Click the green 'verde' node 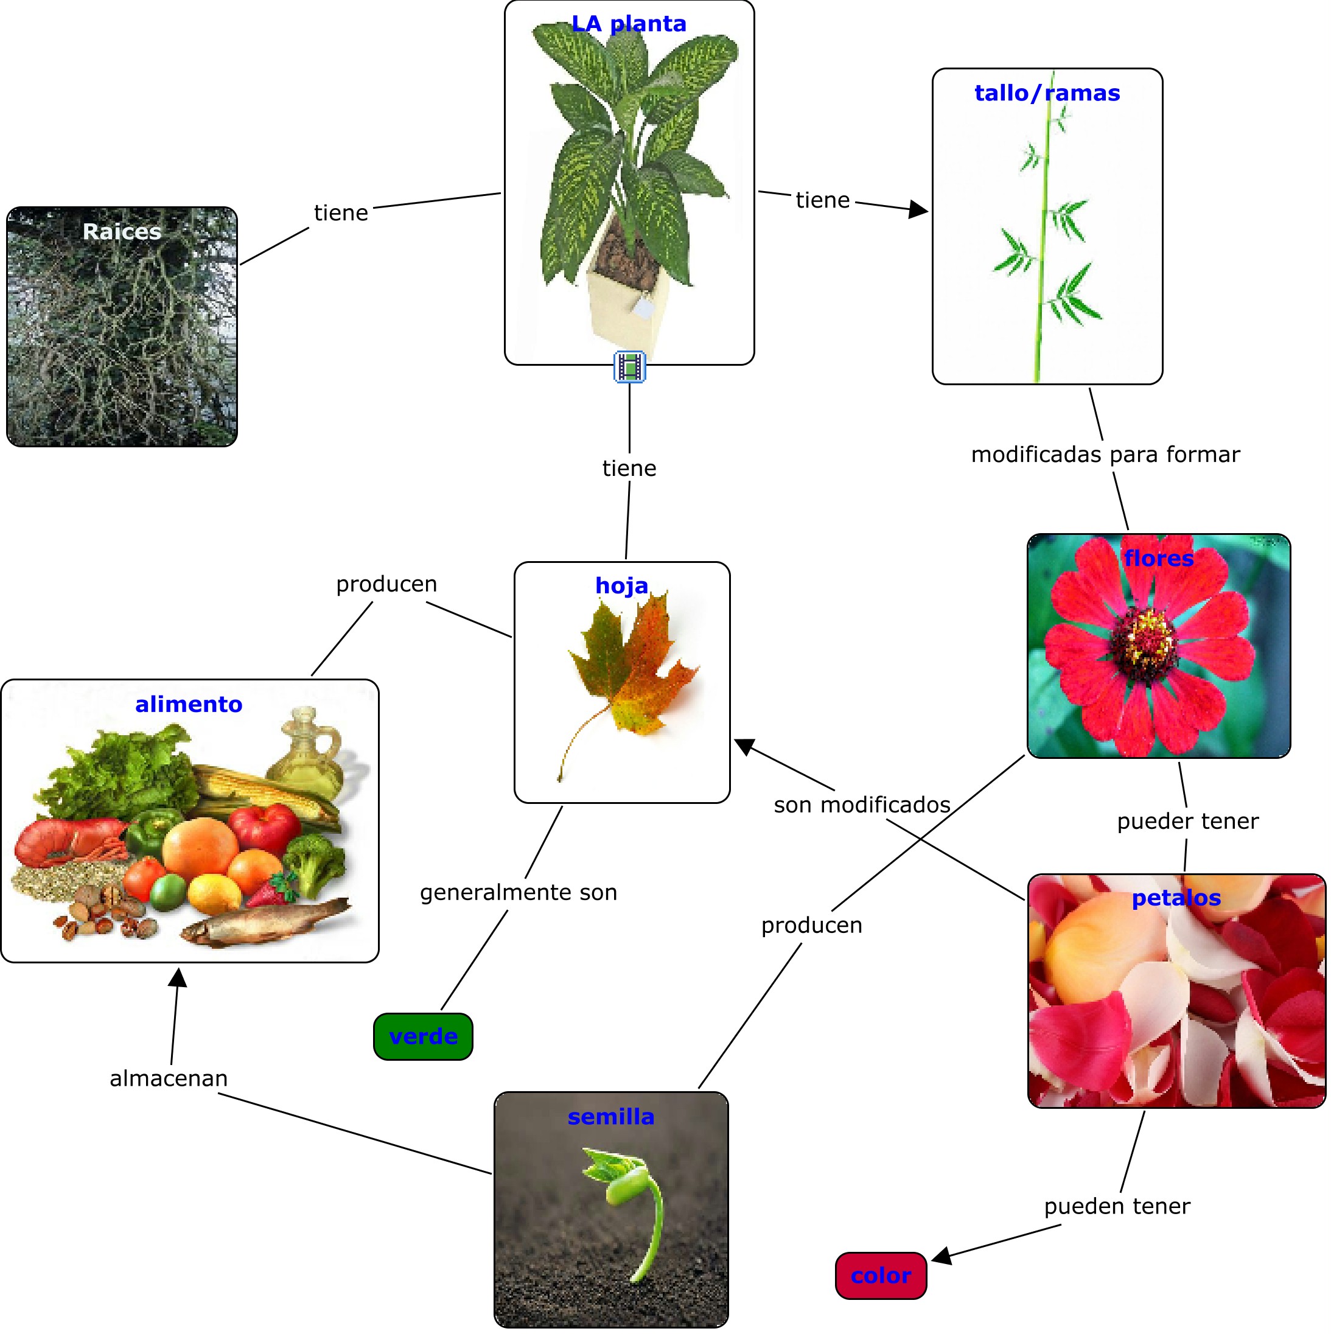[x=423, y=1036]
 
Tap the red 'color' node [x=881, y=1276]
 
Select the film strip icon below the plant [x=630, y=366]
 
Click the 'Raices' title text [x=122, y=231]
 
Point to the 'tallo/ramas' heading [x=1047, y=93]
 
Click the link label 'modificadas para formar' [x=1105, y=455]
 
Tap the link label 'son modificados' [x=862, y=805]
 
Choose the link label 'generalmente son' [x=519, y=892]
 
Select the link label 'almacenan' [x=169, y=1078]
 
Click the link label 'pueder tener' [x=1187, y=821]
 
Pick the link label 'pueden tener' [x=1117, y=1206]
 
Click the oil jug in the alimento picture [x=308, y=749]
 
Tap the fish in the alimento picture [x=266, y=923]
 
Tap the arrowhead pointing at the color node [x=941, y=1255]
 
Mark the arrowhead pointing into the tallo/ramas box [x=919, y=209]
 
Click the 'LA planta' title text [x=629, y=24]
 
